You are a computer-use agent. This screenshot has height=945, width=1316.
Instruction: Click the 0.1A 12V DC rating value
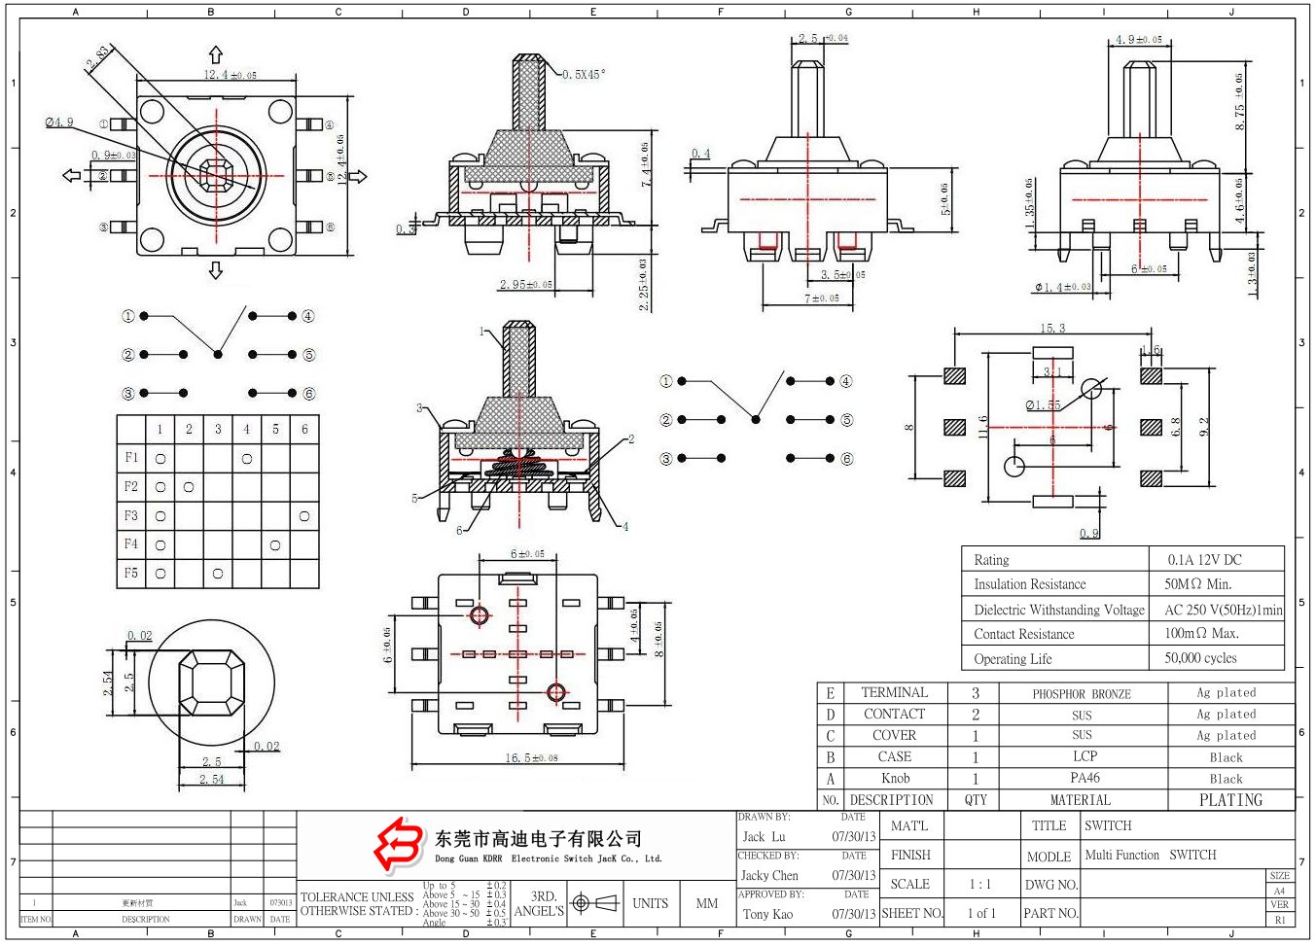(x=1204, y=560)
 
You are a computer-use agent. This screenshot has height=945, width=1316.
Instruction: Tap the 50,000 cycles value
(x=1200, y=658)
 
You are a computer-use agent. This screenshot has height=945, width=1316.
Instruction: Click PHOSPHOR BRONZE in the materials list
(x=1082, y=694)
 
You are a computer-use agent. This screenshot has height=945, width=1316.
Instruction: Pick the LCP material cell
(x=1085, y=756)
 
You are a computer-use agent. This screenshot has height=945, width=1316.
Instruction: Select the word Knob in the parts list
(x=895, y=779)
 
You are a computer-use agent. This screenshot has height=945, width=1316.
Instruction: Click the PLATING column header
(x=1230, y=800)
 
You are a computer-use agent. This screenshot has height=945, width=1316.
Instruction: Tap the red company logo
(x=400, y=844)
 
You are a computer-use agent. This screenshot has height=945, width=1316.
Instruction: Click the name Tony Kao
(x=767, y=914)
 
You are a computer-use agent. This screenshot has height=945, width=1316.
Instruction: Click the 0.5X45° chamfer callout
(x=584, y=74)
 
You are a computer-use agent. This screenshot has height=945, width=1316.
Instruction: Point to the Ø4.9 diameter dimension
(x=59, y=122)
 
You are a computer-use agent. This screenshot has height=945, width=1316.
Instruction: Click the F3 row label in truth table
(x=131, y=515)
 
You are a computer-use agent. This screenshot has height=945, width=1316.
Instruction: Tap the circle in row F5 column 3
(x=218, y=574)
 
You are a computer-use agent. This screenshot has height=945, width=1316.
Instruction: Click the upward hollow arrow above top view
(x=216, y=55)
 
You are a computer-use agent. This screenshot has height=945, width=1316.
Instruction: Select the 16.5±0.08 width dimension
(x=531, y=758)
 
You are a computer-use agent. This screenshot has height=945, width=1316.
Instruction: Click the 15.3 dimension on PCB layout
(x=1052, y=329)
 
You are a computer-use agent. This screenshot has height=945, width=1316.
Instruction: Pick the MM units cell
(x=707, y=903)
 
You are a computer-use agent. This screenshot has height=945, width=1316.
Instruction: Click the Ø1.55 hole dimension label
(x=1043, y=405)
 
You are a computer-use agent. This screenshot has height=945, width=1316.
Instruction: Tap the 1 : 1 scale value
(x=979, y=885)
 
